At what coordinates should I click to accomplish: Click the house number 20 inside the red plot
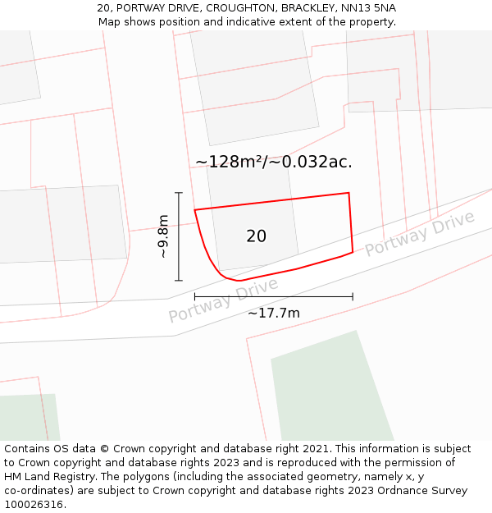256,236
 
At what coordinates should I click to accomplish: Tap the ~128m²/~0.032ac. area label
274,162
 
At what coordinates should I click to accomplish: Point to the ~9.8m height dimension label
163,236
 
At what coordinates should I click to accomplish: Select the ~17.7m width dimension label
273,313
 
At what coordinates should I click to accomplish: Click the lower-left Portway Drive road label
223,300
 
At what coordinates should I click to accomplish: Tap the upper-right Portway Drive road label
419,233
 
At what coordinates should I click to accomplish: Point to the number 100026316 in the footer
34,505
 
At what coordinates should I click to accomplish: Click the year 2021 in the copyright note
315,449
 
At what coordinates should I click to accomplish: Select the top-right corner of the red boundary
349,193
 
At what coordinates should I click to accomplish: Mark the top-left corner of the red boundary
194,210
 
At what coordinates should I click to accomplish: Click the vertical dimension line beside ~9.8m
179,236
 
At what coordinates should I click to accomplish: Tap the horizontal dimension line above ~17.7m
273,296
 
